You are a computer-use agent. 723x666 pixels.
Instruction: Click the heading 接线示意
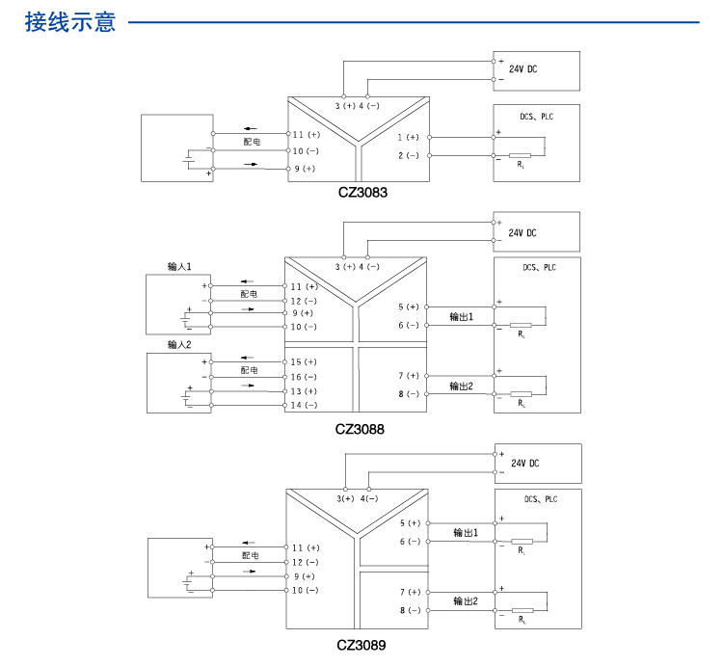[x=71, y=21]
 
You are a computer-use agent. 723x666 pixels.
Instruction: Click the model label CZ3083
[x=362, y=193]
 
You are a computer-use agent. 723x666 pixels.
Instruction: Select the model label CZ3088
[x=360, y=430]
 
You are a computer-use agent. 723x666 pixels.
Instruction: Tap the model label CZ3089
[x=361, y=645]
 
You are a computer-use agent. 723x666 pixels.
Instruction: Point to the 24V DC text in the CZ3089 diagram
[x=524, y=464]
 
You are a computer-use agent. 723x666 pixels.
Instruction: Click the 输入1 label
[x=179, y=266]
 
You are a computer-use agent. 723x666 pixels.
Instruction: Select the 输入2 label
[x=179, y=344]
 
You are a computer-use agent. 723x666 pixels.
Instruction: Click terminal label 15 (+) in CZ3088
[x=304, y=361]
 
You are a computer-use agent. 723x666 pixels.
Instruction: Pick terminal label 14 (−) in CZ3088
[x=304, y=406]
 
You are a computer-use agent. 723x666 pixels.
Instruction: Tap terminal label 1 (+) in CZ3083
[x=409, y=137]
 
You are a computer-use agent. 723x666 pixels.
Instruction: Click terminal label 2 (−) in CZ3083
[x=409, y=155]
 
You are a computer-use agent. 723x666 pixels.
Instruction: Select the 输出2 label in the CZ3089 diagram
[x=466, y=601]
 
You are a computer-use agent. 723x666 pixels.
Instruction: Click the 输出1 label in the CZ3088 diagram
[x=462, y=316]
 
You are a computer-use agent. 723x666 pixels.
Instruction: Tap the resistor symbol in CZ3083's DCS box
[x=521, y=155]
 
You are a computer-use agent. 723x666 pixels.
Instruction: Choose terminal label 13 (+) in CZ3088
[x=304, y=391]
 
